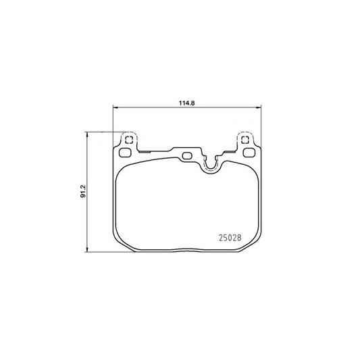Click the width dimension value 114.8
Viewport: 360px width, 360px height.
click(x=186, y=103)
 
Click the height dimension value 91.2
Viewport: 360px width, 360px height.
click(x=82, y=191)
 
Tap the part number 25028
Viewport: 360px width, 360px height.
click(x=230, y=238)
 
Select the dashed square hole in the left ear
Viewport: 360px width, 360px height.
click(x=129, y=140)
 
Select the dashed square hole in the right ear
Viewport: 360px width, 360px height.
click(x=245, y=140)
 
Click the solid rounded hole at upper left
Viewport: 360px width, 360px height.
click(x=125, y=153)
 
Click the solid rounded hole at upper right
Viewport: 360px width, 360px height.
click(x=249, y=153)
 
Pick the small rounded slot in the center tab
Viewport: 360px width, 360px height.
click(x=187, y=156)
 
